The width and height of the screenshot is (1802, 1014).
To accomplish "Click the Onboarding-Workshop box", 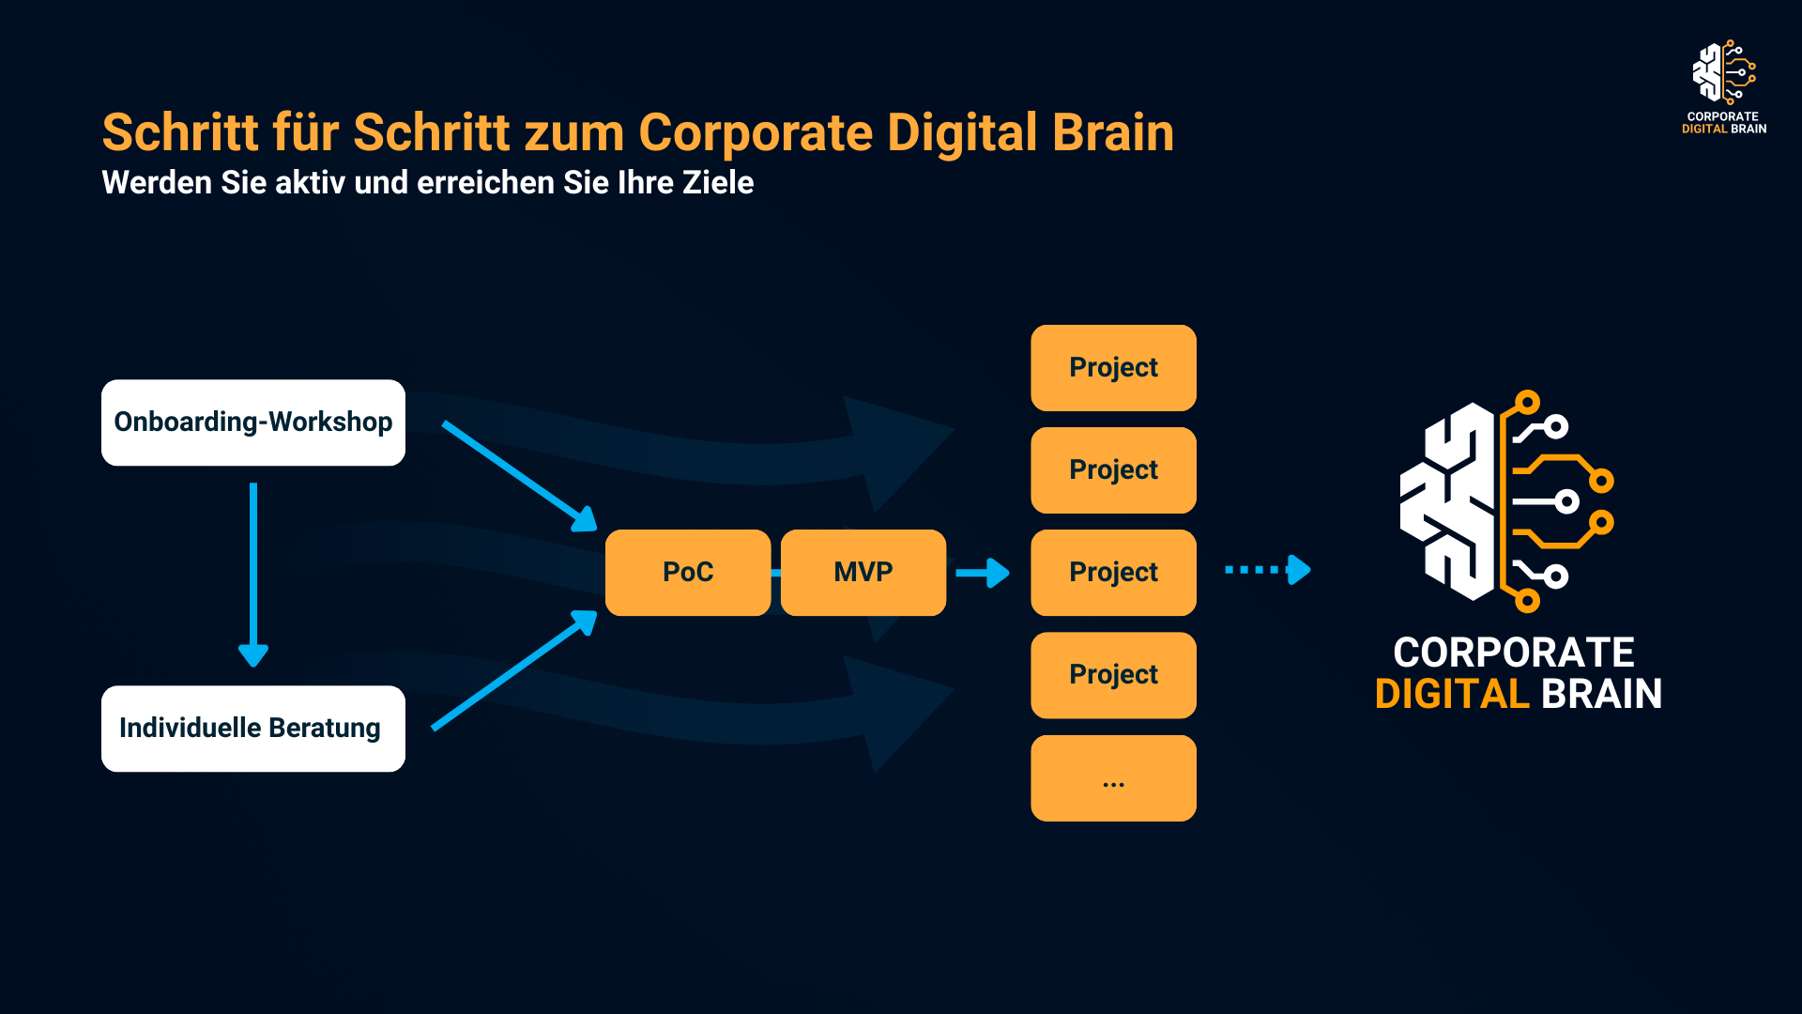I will [x=253, y=422].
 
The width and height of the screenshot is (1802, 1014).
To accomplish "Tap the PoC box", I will [x=688, y=573].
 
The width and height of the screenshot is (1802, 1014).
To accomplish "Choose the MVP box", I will [x=863, y=573].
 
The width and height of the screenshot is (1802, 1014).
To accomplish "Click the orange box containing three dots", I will [x=1113, y=778].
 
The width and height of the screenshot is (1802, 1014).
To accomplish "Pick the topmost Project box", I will [x=1113, y=368].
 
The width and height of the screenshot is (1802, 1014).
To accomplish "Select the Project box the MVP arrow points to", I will [x=1113, y=573].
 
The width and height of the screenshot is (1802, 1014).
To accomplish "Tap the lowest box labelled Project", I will [x=1113, y=675].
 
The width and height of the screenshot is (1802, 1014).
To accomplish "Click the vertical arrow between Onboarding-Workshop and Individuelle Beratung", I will [x=253, y=573].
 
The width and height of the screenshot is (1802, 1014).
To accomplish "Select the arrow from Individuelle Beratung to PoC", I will [x=513, y=670].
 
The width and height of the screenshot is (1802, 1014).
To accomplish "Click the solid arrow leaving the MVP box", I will [x=982, y=573].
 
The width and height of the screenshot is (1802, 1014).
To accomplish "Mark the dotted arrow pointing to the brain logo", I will [x=1267, y=570].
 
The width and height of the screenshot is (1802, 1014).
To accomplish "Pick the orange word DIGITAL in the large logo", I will [x=1452, y=695].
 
